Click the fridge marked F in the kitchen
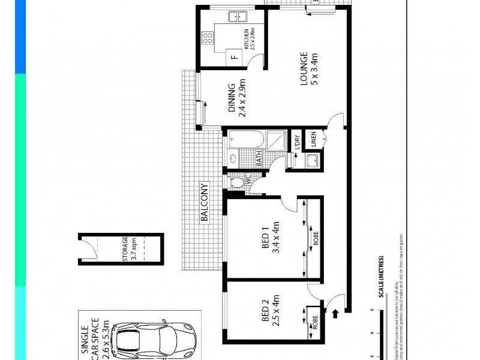pyautogui.click(x=234, y=58)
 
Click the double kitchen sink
pyautogui.click(x=235, y=16)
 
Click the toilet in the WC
pyautogui.click(x=238, y=181)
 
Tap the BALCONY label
pyautogui.click(x=204, y=203)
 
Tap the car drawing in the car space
pyautogui.click(x=154, y=340)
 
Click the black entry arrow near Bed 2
pyautogui.click(x=334, y=312)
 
